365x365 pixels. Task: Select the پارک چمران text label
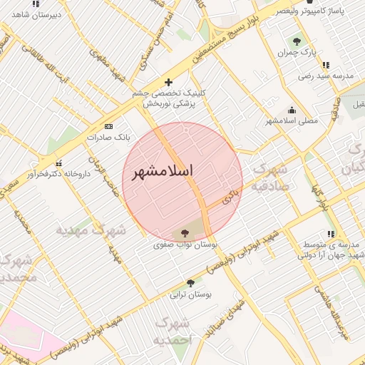(297, 53)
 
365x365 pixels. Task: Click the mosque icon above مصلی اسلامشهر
(291, 110)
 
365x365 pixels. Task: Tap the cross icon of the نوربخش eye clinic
(168, 82)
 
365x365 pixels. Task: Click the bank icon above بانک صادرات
(108, 125)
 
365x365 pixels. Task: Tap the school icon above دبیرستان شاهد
(36, 2)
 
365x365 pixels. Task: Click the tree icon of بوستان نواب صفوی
(185, 232)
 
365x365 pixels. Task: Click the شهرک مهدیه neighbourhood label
(93, 230)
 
